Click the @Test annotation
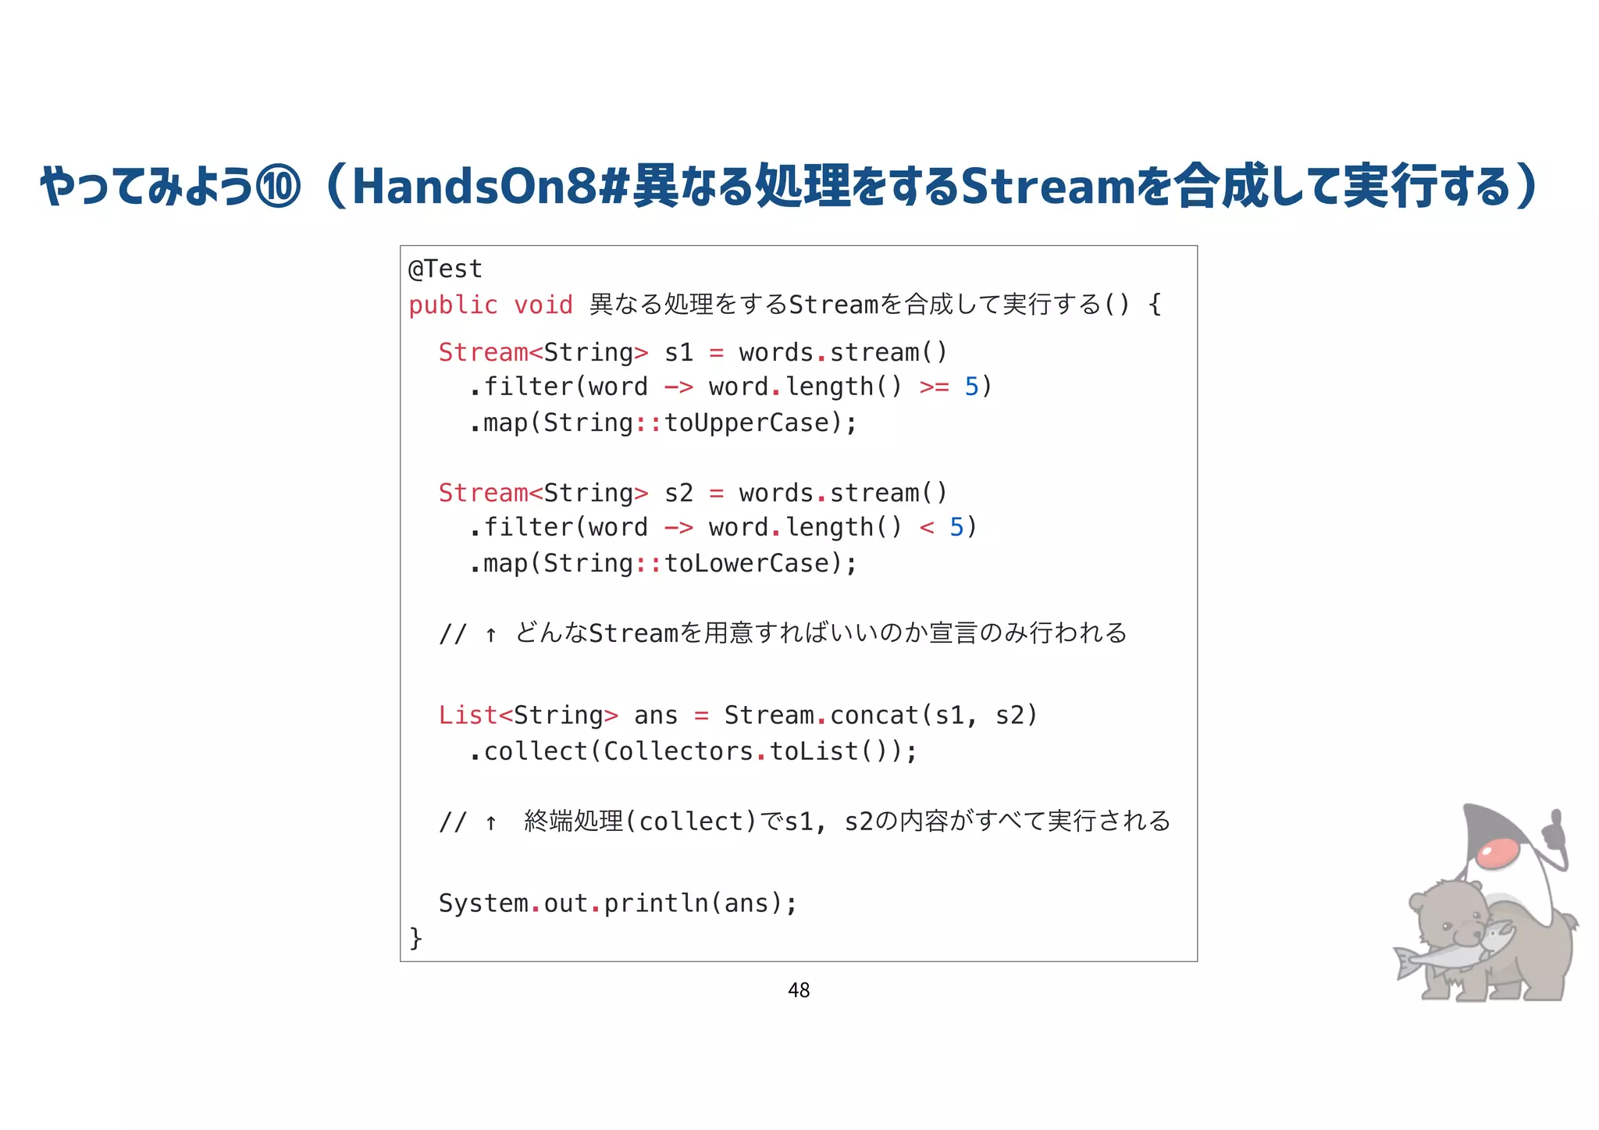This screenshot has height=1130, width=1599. (445, 269)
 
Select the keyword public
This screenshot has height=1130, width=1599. (453, 305)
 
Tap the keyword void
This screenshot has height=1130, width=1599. (543, 305)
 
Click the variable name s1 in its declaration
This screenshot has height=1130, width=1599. (678, 353)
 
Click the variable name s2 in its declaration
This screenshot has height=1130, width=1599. (678, 494)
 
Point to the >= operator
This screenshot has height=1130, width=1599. (934, 387)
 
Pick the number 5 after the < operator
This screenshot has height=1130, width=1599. (956, 528)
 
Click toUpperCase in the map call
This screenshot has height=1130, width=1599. (746, 423)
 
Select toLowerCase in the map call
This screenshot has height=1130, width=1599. (746, 564)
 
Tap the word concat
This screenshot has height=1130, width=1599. (874, 715)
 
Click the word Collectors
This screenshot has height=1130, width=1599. (678, 751)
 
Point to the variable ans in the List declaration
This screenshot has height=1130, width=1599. (656, 715)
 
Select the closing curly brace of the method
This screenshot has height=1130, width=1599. (416, 937)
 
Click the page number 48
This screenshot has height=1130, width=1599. (799, 990)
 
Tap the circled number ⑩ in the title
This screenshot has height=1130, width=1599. (279, 187)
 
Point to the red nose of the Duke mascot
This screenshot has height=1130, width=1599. (1498, 853)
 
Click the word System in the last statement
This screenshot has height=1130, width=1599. (483, 904)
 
